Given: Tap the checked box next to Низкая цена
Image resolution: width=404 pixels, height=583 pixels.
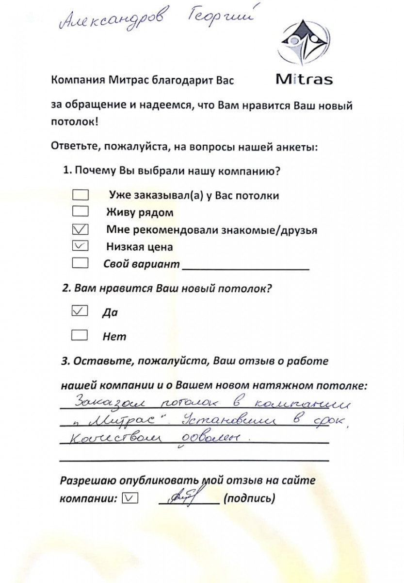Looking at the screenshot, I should [x=80, y=246].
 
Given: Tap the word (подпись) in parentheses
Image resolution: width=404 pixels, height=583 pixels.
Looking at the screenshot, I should [x=249, y=498].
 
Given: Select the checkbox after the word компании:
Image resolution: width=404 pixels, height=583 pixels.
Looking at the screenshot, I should [x=131, y=498].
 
